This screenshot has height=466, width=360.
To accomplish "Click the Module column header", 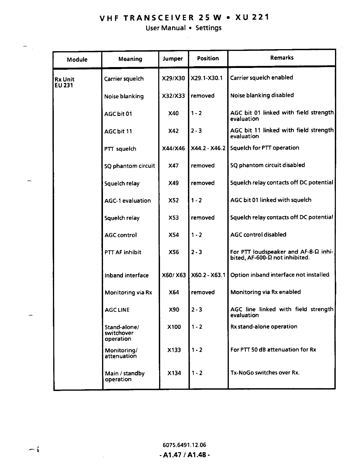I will pos(77,60).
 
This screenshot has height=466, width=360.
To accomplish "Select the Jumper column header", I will pos(173,59).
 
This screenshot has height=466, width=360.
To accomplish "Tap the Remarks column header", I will pos(282,58).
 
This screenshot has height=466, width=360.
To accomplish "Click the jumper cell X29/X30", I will pos(174,78).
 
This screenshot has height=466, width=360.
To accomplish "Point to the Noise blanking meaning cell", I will pos(124,96).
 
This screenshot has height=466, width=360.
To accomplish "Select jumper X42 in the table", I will pos(174,131).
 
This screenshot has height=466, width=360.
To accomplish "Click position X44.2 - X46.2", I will pos(208,148).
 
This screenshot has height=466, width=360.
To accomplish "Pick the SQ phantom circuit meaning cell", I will pos(129,166).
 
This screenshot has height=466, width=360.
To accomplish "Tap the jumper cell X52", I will pos(174,200).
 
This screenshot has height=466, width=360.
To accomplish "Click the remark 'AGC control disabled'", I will pos(258,235).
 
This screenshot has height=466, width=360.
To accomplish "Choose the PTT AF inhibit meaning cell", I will pos(123,252).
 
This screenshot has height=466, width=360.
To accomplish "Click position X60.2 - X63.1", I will pos(208,275).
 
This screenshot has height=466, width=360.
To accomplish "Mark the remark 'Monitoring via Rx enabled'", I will pos(266,292).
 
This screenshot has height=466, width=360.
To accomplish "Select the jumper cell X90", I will pos(174,310).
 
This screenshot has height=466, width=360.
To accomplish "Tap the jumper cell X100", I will pos(174,327).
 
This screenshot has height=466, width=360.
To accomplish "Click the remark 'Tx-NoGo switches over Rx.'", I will pos(265,373).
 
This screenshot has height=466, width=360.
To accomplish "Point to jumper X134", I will pos(174,373).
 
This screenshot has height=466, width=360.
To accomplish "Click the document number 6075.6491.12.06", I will pos(184,445).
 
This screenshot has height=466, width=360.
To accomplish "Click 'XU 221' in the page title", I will pos(252,17).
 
